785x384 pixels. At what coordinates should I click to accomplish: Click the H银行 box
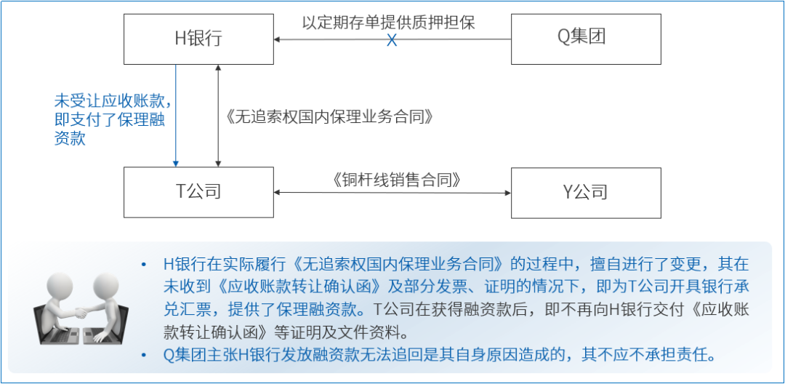pos(198,39)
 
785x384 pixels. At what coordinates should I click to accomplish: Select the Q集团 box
pos(586,39)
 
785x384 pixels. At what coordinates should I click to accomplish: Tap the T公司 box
pos(198,192)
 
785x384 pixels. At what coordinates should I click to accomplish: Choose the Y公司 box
pos(586,192)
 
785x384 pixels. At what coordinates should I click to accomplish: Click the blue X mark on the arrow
pos(392,39)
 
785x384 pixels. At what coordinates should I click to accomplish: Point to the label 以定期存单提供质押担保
pos(389,21)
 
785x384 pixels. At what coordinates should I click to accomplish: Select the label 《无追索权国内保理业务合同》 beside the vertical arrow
pos(330,116)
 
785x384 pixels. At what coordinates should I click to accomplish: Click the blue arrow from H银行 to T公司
pos(176,116)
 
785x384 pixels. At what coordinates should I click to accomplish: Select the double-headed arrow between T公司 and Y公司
pos(392,193)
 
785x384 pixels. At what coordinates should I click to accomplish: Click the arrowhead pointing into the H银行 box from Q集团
pos(279,39)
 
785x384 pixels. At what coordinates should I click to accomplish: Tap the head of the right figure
pos(106,283)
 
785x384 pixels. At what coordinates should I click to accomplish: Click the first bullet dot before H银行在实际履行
pos(145,264)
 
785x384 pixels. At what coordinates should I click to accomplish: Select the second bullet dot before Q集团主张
pos(145,356)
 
